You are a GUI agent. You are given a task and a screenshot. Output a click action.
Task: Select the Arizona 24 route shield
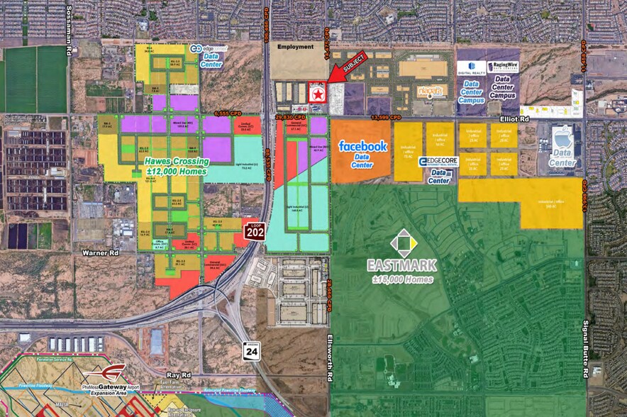point(250,350)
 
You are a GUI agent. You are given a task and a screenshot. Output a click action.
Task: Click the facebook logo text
point(362,146)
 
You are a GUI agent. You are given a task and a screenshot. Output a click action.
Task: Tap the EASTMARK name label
point(401,265)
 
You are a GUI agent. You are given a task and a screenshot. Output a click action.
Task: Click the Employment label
point(296,47)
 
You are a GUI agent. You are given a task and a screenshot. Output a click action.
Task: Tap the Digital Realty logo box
point(471,67)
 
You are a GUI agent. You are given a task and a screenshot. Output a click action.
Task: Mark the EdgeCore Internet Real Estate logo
point(438,162)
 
